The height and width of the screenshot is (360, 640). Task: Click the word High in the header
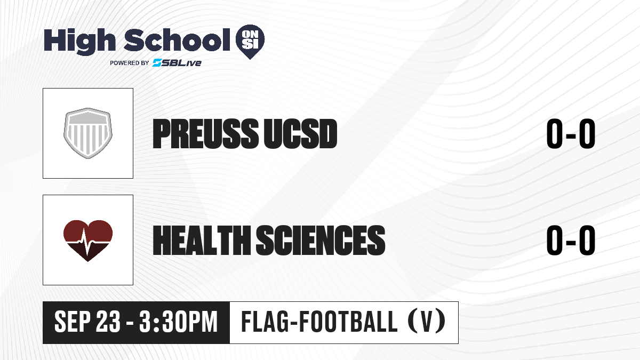pos(79,42)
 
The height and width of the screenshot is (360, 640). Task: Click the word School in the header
pos(177,40)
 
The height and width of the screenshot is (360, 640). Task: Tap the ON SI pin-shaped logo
pos(250,42)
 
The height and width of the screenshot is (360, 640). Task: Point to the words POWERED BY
pos(130,63)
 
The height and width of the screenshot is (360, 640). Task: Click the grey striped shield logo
pos(87,133)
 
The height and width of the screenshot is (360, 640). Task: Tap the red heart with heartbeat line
pos(87,241)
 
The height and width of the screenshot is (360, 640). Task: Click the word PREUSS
pos(206,134)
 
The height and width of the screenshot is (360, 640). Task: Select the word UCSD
pos(300,134)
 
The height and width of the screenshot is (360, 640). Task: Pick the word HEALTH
pos(202,241)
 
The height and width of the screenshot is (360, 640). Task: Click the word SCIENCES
pos(321,241)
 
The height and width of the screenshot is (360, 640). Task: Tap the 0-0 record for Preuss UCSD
pos(571,134)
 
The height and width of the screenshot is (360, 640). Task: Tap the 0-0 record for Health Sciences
pos(571,241)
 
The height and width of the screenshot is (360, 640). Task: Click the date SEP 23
pos(87,322)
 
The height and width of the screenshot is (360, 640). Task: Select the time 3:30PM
pos(178,322)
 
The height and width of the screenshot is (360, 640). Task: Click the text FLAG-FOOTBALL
pos(319,322)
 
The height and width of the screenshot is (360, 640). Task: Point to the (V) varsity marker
pos(427,322)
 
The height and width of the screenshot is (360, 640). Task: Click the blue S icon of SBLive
pos(157,63)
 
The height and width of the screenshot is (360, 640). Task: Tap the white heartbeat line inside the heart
pos(87,242)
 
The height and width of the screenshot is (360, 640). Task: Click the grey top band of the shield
pos(87,117)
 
